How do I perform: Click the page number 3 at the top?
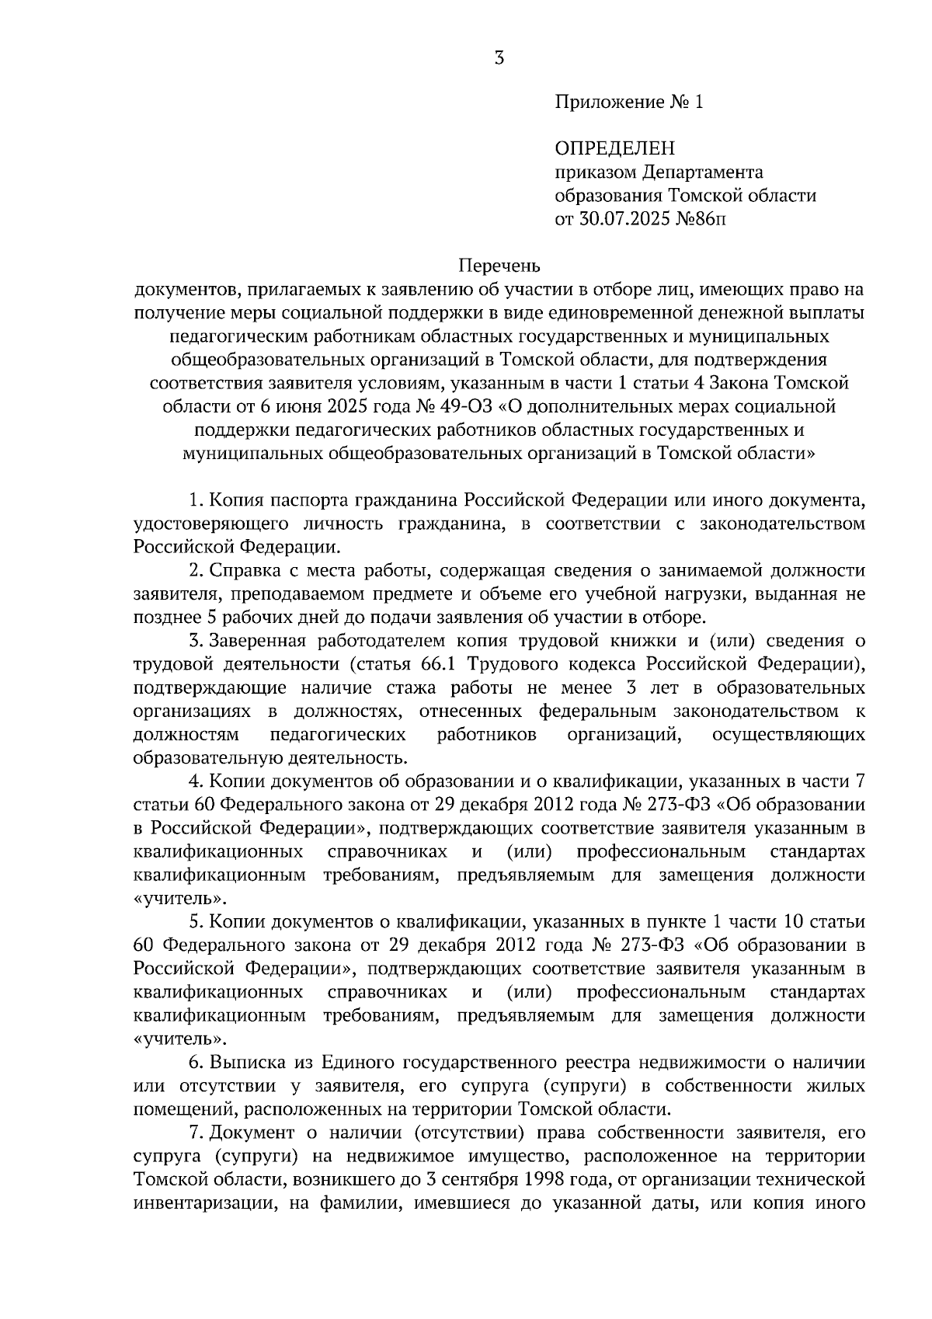point(499,58)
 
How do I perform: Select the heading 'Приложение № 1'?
point(628,102)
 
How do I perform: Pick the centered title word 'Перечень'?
point(498,266)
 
